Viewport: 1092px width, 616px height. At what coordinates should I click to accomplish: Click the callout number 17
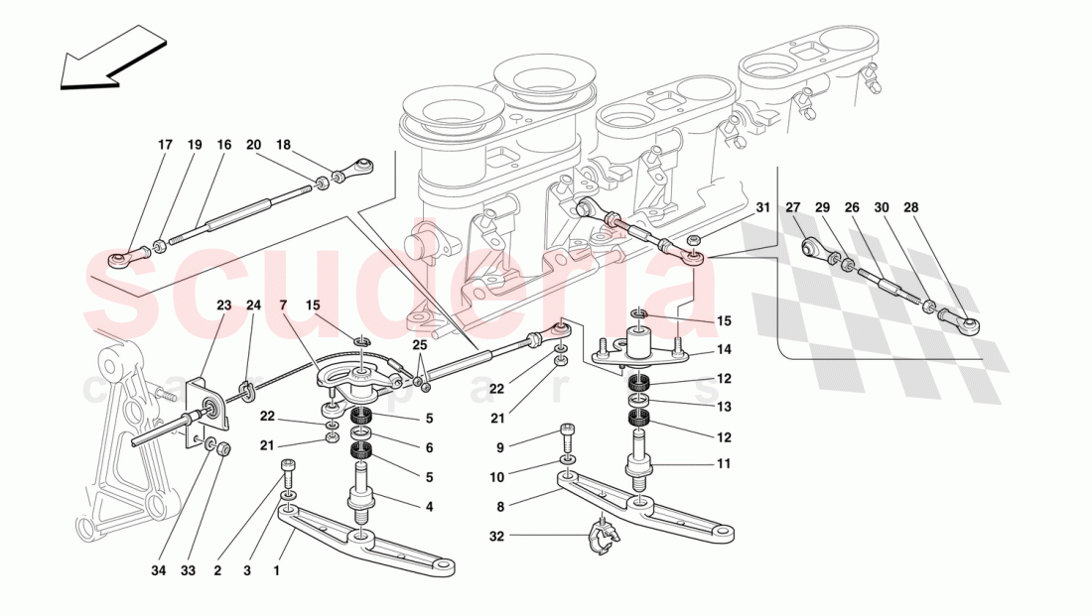pos(165,145)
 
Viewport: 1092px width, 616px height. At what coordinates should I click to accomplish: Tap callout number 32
pos(496,537)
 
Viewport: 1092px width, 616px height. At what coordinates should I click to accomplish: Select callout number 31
pos(763,207)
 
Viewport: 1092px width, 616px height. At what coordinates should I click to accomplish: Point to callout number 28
pos(911,207)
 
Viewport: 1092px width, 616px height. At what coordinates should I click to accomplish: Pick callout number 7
pos(284,305)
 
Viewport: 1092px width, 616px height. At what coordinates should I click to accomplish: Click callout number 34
pos(159,570)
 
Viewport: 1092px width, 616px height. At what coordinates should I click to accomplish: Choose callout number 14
pos(725,349)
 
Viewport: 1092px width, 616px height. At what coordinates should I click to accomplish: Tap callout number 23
pos(223,305)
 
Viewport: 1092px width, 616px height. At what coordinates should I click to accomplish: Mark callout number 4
pos(429,507)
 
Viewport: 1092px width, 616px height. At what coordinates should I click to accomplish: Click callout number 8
pos(500,507)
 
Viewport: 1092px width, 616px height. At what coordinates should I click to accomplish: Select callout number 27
pos(793,207)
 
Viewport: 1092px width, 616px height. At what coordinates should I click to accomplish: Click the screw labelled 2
pos(288,470)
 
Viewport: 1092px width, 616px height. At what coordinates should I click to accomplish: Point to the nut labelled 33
pos(223,449)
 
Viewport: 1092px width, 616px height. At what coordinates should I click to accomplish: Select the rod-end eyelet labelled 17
pos(128,259)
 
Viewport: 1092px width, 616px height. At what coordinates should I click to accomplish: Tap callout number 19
pos(195,145)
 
